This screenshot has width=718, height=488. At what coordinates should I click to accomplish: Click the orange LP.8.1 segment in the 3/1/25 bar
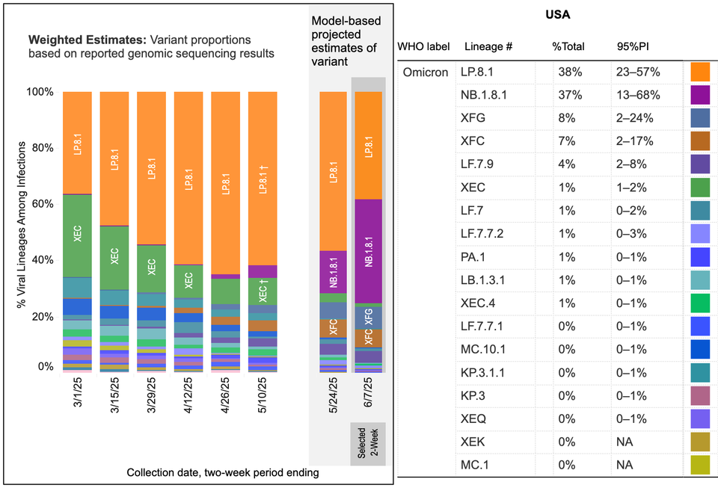(x=77, y=143)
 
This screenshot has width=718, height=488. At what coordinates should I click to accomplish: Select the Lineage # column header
(x=488, y=46)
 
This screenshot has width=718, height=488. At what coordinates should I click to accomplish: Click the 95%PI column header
(x=632, y=46)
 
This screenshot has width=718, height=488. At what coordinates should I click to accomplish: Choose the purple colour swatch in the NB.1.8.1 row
(x=700, y=96)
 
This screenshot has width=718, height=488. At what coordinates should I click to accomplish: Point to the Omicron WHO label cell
(x=425, y=72)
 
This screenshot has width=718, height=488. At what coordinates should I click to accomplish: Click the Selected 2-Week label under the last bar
(x=368, y=445)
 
